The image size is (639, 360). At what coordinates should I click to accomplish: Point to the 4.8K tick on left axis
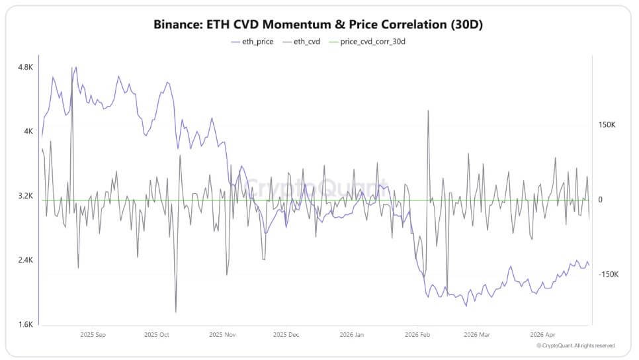(26, 67)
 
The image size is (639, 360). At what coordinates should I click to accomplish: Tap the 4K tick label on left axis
(28, 132)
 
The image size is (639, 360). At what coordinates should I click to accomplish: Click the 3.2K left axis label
(26, 196)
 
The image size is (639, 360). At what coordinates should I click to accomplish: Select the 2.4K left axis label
(26, 260)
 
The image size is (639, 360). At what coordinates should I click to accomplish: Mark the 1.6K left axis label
(26, 324)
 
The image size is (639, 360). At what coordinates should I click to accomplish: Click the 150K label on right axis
(607, 125)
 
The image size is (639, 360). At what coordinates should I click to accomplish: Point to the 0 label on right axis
(601, 200)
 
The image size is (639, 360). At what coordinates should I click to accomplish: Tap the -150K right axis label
(609, 274)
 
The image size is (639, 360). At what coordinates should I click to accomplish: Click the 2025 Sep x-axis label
(92, 335)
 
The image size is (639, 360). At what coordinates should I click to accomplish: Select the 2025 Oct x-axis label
(157, 335)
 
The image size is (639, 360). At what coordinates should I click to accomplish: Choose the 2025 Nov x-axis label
(222, 335)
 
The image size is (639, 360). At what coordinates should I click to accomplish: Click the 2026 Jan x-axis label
(350, 335)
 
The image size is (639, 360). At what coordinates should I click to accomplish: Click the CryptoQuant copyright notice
(575, 345)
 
